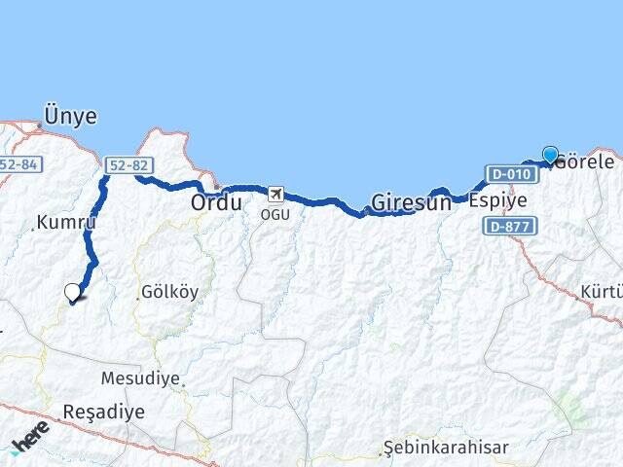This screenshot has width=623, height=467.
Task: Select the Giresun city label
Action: click(x=411, y=204)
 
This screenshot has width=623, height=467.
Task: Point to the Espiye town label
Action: click(x=497, y=201)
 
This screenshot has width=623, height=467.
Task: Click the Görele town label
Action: click(x=587, y=162)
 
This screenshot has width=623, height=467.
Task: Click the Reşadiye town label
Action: click(x=103, y=412)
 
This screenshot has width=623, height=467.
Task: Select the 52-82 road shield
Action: click(x=125, y=166)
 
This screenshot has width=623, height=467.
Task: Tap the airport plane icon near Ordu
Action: click(x=276, y=194)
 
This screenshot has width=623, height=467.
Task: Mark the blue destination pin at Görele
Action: click(x=550, y=155)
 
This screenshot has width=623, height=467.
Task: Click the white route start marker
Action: click(x=73, y=292)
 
